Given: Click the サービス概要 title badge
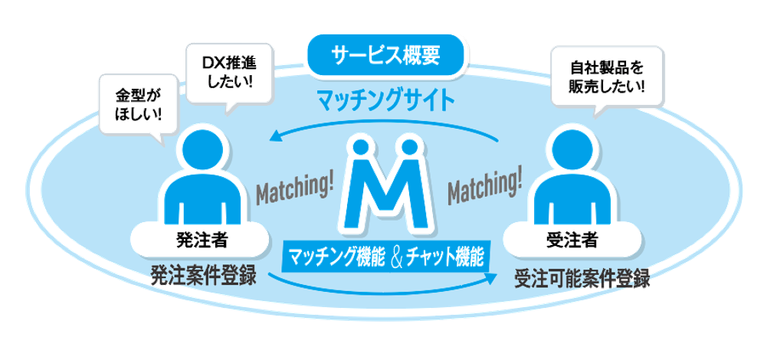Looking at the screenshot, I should (387, 55).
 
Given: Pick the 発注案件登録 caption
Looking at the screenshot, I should (202, 274).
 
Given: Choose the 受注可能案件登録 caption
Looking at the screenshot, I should (582, 278).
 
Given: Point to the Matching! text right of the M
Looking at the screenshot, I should (483, 188).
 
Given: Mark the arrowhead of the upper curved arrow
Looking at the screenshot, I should (275, 138).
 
